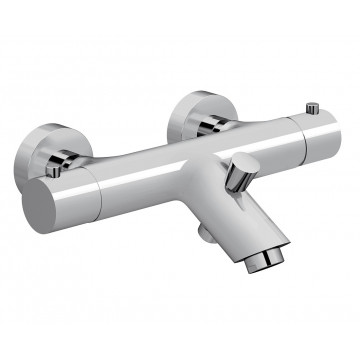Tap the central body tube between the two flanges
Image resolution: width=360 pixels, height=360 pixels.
(180, 165)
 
